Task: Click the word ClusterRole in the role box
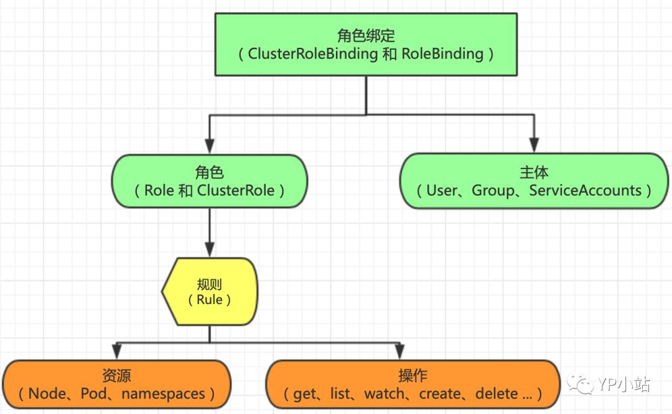tap(236, 190)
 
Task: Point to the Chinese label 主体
tap(534, 172)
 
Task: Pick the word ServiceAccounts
tap(585, 190)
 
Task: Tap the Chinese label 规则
tap(210, 284)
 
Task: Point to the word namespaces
tap(163, 393)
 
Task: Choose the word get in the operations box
tap(305, 393)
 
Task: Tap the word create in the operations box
tap(441, 393)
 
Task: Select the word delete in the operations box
tap(496, 393)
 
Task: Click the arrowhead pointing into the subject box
tap(534, 145)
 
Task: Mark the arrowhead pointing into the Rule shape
tap(210, 250)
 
